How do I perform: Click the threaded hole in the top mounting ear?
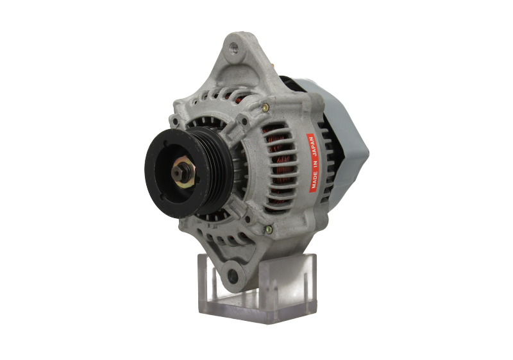coord(233,48)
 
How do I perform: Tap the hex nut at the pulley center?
coord(178,172)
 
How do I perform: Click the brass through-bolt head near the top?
coord(265,107)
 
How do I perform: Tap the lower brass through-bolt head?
coord(268,230)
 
